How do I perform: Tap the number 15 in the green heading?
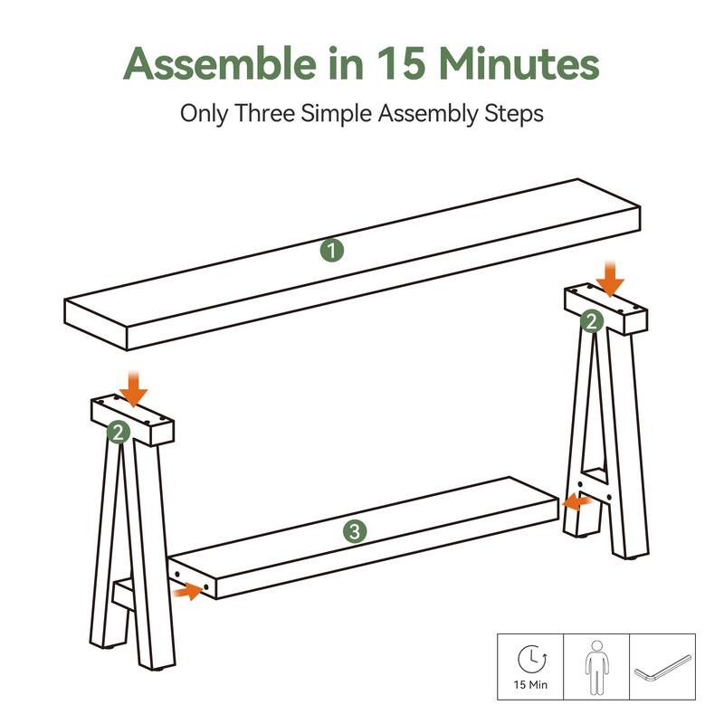(401, 62)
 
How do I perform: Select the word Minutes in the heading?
(519, 62)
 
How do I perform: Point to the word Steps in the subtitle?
(513, 114)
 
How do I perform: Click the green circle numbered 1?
(332, 251)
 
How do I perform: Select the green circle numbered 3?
(355, 531)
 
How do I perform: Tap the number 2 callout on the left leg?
(119, 433)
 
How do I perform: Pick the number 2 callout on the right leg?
(592, 321)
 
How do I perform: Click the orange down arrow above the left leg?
(133, 388)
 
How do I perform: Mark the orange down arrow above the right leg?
(610, 279)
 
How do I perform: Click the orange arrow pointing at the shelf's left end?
(187, 591)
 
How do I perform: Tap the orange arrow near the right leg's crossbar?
(577, 502)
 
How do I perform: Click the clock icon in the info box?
(532, 659)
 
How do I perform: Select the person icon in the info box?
(596, 668)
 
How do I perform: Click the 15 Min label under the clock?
(530, 685)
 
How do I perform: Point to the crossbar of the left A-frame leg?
(124, 595)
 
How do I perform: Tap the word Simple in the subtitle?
(336, 114)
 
